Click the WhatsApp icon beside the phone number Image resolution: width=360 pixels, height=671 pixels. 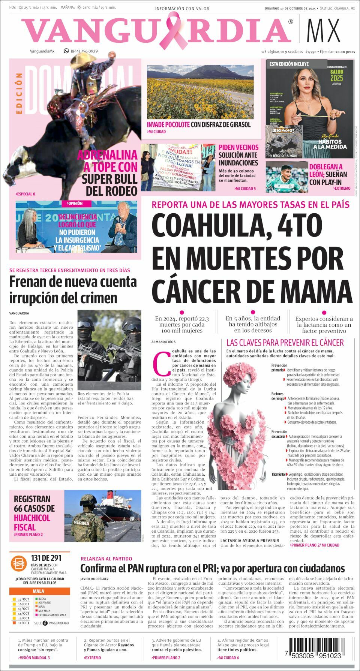tap(66, 51)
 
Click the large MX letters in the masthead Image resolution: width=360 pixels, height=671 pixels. tap(323, 30)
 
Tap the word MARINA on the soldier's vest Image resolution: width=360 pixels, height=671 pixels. tap(81, 523)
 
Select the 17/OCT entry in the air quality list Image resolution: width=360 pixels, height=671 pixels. tap(23, 599)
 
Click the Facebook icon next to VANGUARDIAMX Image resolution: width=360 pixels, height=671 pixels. tap(45, 623)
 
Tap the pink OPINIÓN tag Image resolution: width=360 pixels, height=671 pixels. tap(75, 203)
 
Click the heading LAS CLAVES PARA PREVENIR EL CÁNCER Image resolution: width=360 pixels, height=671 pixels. tap(285, 342)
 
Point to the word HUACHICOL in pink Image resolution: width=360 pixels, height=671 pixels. tap(32, 518)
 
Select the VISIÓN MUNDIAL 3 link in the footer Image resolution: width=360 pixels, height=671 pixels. tap(34, 658)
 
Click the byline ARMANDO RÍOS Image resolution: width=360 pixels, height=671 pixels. tap(163, 342)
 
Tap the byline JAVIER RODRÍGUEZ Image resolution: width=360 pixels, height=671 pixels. tap(94, 579)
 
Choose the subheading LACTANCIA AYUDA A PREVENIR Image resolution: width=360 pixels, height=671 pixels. tap(250, 540)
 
